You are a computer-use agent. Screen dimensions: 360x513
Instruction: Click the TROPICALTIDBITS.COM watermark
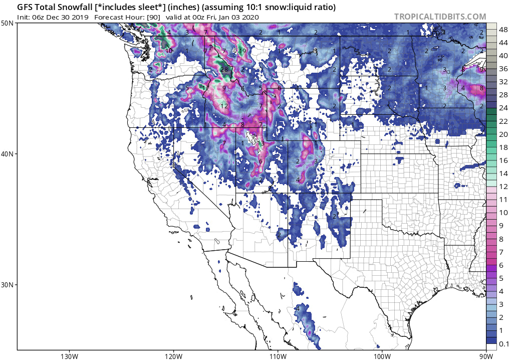point(440,17)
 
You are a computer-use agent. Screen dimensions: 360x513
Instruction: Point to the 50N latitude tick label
point(8,24)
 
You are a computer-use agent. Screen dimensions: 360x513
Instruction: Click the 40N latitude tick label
point(8,154)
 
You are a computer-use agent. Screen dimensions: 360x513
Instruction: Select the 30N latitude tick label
point(8,284)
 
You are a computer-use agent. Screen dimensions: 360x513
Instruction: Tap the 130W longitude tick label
point(68,356)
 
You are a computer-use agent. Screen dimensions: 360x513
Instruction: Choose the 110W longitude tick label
point(277,356)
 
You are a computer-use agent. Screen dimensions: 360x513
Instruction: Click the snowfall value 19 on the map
point(242,51)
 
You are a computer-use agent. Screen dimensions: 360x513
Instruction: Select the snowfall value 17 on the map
point(205,88)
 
